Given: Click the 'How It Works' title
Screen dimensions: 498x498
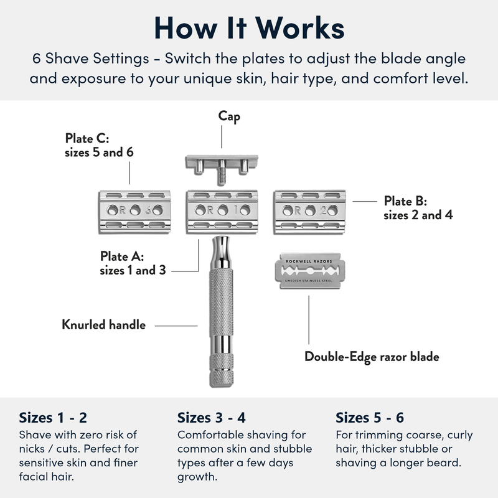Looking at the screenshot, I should pyautogui.click(x=249, y=29).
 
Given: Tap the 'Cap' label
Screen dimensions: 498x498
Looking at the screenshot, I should pyautogui.click(x=228, y=116).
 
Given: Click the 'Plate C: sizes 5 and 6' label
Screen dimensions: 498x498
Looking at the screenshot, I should pyautogui.click(x=100, y=145).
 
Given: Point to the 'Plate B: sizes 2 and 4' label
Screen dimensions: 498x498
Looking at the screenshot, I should pyautogui.click(x=418, y=209).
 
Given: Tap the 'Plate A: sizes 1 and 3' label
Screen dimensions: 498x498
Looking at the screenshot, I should pyautogui.click(x=131, y=263).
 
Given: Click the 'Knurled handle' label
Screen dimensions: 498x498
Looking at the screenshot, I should pyautogui.click(x=103, y=324).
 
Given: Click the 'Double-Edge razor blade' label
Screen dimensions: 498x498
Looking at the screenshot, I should pyautogui.click(x=372, y=357).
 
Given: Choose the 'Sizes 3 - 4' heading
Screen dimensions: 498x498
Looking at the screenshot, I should pyautogui.click(x=211, y=417).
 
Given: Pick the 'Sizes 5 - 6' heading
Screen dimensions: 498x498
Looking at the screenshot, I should pyautogui.click(x=369, y=417).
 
